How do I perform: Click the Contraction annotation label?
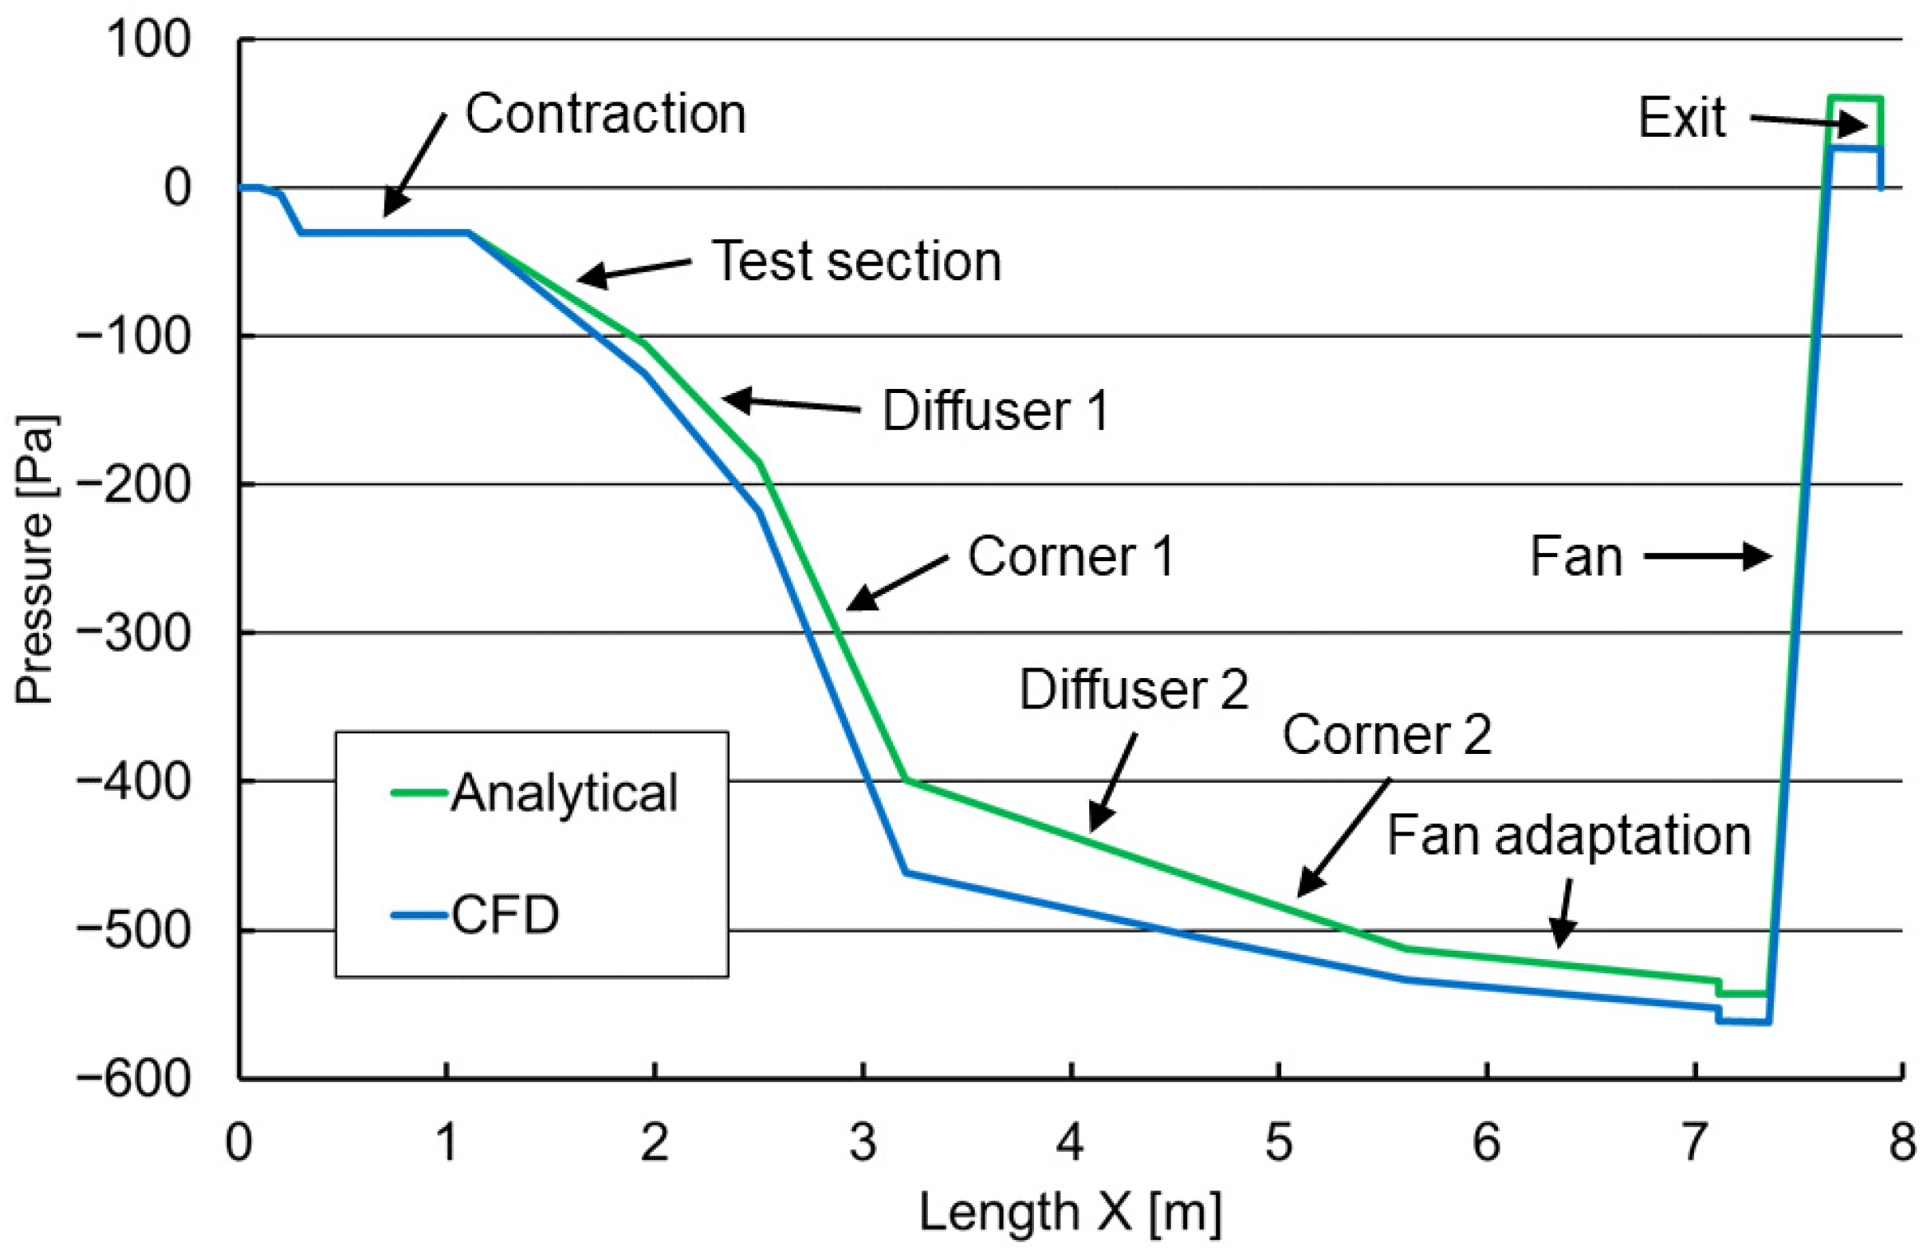point(606,114)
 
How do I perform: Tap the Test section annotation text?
point(856,261)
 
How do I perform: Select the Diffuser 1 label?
point(995,410)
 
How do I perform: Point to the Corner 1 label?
point(1070,556)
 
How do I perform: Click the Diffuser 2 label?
point(1134,689)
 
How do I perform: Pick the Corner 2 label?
point(1387,734)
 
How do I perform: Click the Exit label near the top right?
point(1681,118)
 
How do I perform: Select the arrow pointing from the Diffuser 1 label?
point(791,404)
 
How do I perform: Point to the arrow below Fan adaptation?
point(1564,914)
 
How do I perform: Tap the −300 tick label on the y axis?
point(133,634)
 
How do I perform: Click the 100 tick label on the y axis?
point(148,39)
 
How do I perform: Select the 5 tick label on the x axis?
point(1278,1143)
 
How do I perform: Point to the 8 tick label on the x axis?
point(1902,1143)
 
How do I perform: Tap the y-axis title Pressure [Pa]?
point(35,560)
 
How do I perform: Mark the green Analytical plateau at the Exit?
point(1855,98)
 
